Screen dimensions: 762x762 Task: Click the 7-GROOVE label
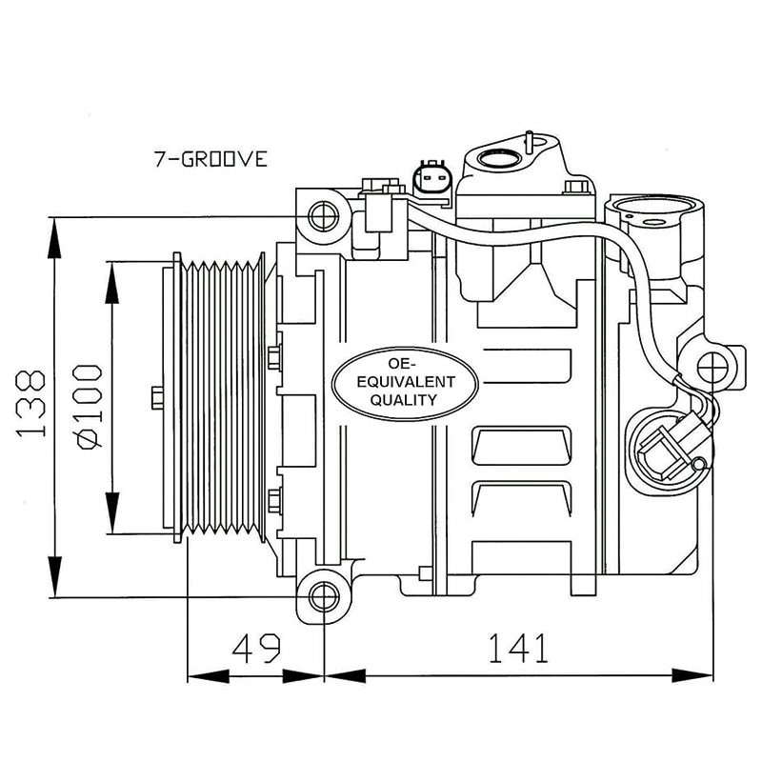point(211,159)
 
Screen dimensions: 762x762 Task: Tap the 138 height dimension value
point(31,403)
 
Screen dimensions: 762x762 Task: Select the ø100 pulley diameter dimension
point(88,407)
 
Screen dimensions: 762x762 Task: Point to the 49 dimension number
point(256,648)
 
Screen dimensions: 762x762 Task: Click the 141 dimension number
point(518,648)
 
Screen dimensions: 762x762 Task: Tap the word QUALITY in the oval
point(404,400)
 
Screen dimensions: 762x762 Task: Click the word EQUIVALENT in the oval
point(406,382)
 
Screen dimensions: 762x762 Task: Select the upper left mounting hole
point(324,216)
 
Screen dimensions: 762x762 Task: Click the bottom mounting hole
point(324,597)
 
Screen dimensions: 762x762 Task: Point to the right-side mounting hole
point(712,368)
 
